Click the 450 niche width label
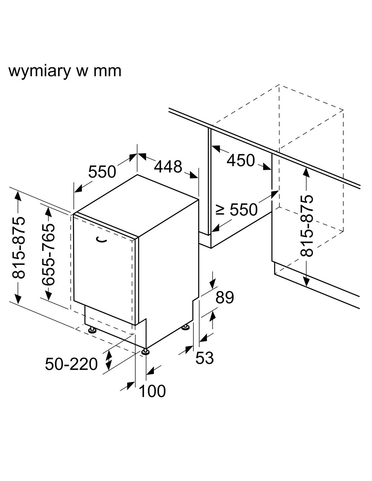[x=241, y=160]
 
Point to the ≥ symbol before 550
[x=220, y=210]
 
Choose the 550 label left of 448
[x=102, y=171]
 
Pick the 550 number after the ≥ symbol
[x=243, y=210]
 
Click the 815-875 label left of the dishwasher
[x=18, y=248]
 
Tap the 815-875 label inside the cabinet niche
[x=307, y=226]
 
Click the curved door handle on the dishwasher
[x=101, y=240]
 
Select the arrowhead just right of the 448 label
[x=193, y=175]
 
